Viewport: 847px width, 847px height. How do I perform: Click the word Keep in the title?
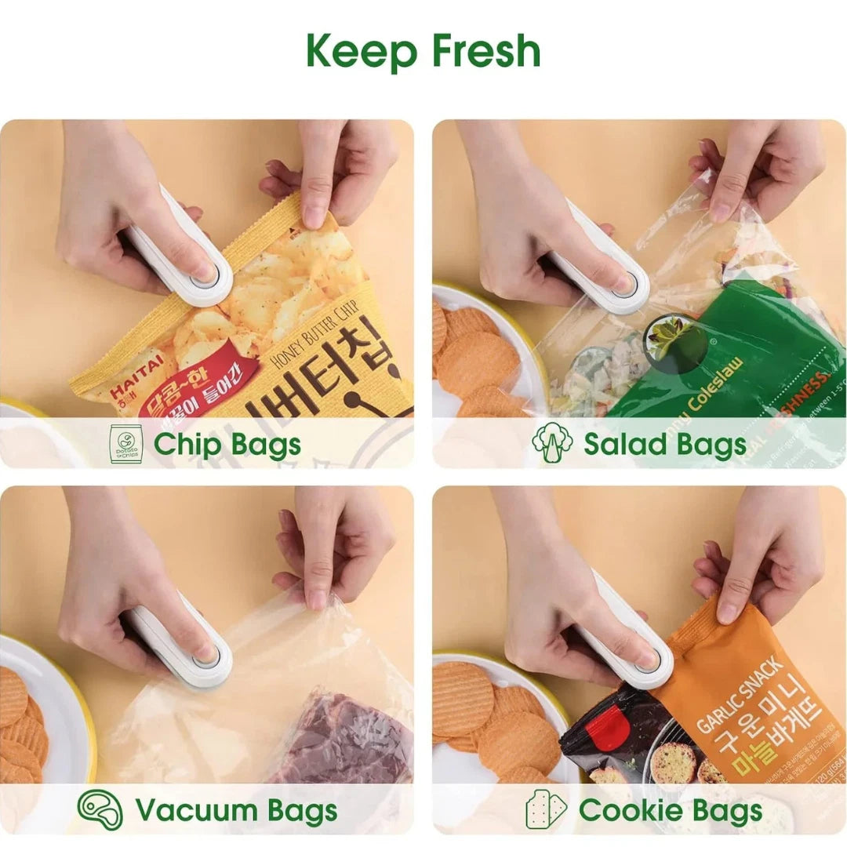[x=359, y=51]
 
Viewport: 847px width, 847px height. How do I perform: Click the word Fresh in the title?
[x=485, y=51]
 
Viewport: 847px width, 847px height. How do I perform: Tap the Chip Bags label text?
[x=227, y=444]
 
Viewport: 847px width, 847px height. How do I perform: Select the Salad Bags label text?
[x=664, y=444]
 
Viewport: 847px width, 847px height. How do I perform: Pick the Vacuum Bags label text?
[x=236, y=809]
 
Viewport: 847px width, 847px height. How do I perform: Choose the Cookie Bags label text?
[x=671, y=809]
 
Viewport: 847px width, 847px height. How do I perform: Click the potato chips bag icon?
[x=125, y=444]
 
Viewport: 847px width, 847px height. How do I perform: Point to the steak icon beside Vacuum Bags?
[x=100, y=809]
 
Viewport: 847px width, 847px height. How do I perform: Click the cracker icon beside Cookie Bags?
[x=546, y=809]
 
